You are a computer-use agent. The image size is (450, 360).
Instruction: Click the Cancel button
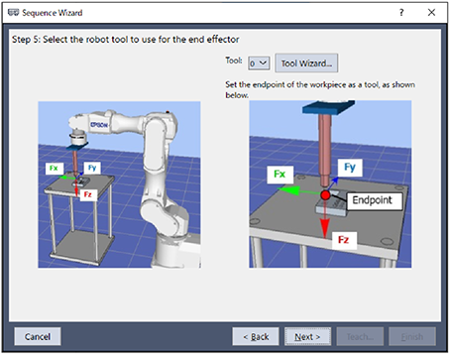(x=38, y=336)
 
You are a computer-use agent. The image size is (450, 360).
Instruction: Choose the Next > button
(x=307, y=336)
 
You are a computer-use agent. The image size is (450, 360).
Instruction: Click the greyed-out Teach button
(x=360, y=336)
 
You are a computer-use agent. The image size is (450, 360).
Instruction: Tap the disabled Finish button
(x=412, y=336)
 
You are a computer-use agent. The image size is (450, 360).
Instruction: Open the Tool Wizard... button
(x=306, y=63)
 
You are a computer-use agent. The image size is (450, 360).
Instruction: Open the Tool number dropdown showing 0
(x=259, y=63)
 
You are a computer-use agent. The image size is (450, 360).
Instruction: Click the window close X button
(x=431, y=13)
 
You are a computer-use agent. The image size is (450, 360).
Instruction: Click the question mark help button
(x=401, y=13)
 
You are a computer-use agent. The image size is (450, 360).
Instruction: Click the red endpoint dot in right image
(x=325, y=195)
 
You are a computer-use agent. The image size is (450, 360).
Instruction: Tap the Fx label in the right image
(x=280, y=175)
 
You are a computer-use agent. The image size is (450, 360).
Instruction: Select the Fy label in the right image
(x=350, y=168)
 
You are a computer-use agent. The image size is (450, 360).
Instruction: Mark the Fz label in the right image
(x=344, y=240)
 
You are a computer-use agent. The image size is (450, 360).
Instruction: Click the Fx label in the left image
(x=54, y=169)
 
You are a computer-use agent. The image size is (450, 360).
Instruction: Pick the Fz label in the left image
(x=87, y=194)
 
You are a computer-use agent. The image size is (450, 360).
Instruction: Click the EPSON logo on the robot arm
(x=99, y=125)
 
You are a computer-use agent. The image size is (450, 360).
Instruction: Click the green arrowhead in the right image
(x=289, y=190)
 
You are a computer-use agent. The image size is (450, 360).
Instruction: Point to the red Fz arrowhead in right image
(x=325, y=229)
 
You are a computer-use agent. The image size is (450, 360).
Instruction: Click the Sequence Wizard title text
(x=53, y=13)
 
